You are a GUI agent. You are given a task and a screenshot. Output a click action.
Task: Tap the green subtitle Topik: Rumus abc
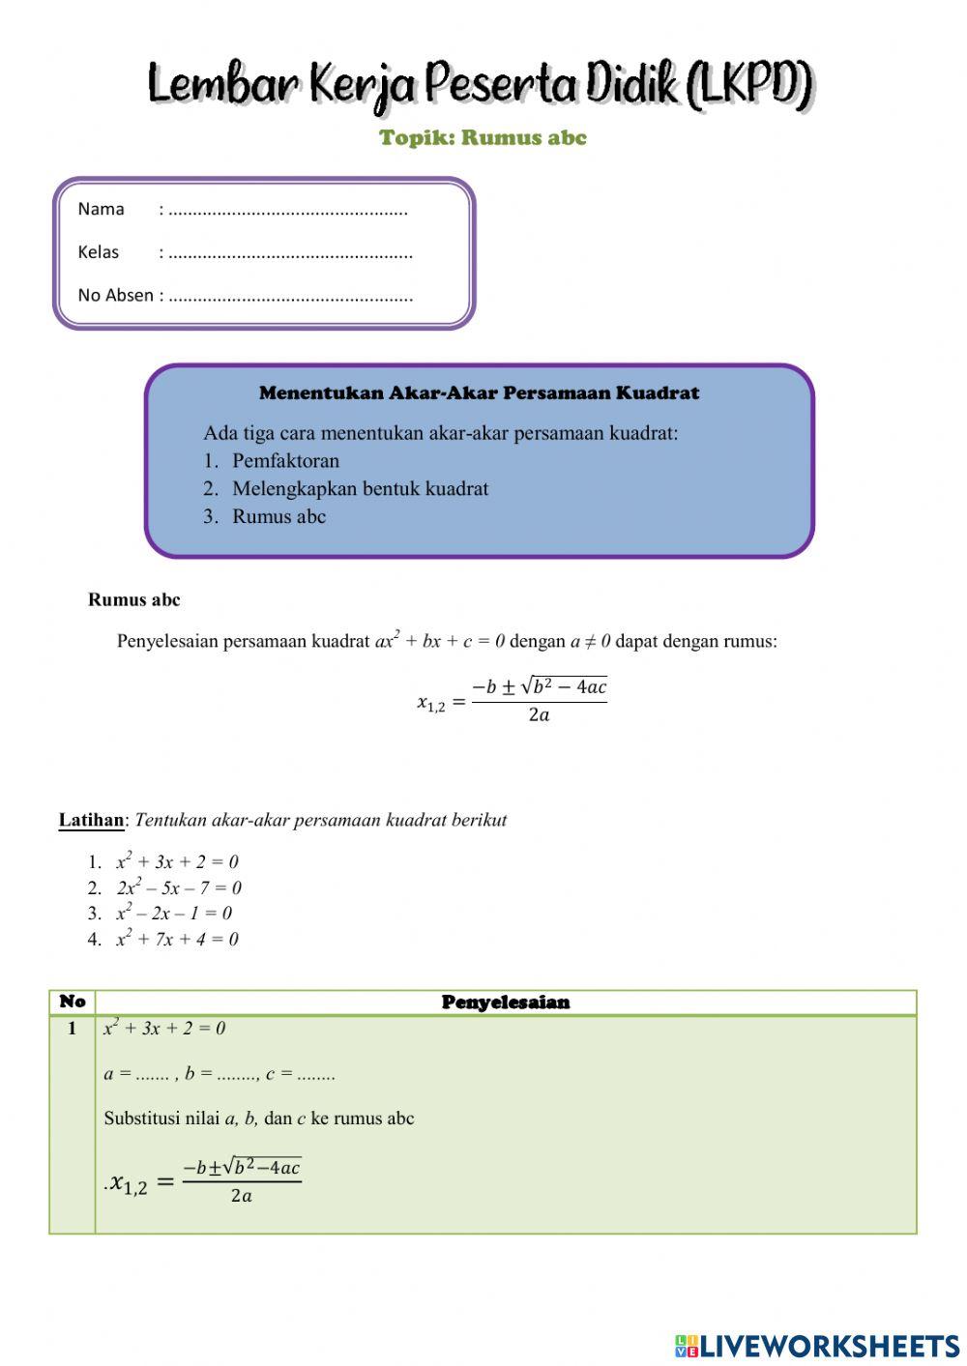pyautogui.click(x=483, y=137)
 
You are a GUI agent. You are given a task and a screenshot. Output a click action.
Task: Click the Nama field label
pyautogui.click(x=101, y=209)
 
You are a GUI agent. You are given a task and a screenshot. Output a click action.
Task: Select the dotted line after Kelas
pyautogui.click(x=290, y=253)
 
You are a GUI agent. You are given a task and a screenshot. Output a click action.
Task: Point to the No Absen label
pyautogui.click(x=115, y=296)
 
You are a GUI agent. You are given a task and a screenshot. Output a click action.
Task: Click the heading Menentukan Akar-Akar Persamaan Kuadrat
pyautogui.click(x=479, y=393)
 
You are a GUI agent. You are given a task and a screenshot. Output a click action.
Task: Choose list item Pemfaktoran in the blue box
pyautogui.click(x=285, y=461)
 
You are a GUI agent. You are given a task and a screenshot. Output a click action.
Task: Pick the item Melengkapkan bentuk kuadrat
pyautogui.click(x=360, y=489)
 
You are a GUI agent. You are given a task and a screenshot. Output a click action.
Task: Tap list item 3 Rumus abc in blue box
pyautogui.click(x=278, y=517)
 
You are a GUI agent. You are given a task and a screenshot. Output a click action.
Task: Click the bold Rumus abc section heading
pyautogui.click(x=133, y=600)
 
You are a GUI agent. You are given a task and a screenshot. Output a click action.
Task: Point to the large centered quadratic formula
pyautogui.click(x=512, y=700)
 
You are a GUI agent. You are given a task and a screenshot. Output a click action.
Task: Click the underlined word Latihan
pyautogui.click(x=91, y=821)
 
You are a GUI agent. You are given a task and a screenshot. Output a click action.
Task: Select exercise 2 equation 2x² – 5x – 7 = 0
pyautogui.click(x=179, y=887)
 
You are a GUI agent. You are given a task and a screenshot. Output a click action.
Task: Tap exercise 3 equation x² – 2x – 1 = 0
pyautogui.click(x=174, y=914)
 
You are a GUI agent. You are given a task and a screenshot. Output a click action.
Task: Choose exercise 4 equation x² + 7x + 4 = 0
pyautogui.click(x=177, y=939)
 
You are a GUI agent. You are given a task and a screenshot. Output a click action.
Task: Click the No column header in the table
pyautogui.click(x=73, y=1002)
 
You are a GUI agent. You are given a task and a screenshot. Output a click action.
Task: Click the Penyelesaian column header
pyautogui.click(x=505, y=1003)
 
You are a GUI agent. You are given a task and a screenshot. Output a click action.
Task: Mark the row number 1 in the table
pyautogui.click(x=72, y=1029)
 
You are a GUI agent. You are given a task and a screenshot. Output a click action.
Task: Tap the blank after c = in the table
pyautogui.click(x=316, y=1074)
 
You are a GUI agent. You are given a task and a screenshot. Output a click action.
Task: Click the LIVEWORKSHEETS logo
pyautogui.click(x=817, y=1346)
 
